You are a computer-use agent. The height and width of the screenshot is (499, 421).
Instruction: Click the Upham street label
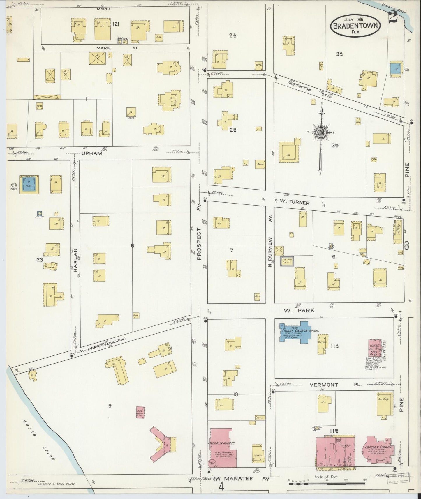point(92,153)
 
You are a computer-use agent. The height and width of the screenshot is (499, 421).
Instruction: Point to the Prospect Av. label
point(199,243)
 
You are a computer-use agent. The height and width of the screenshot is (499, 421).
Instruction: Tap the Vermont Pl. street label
point(335,385)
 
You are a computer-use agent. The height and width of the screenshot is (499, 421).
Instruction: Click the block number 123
point(38,260)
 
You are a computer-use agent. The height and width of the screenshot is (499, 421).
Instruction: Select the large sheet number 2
point(393,18)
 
